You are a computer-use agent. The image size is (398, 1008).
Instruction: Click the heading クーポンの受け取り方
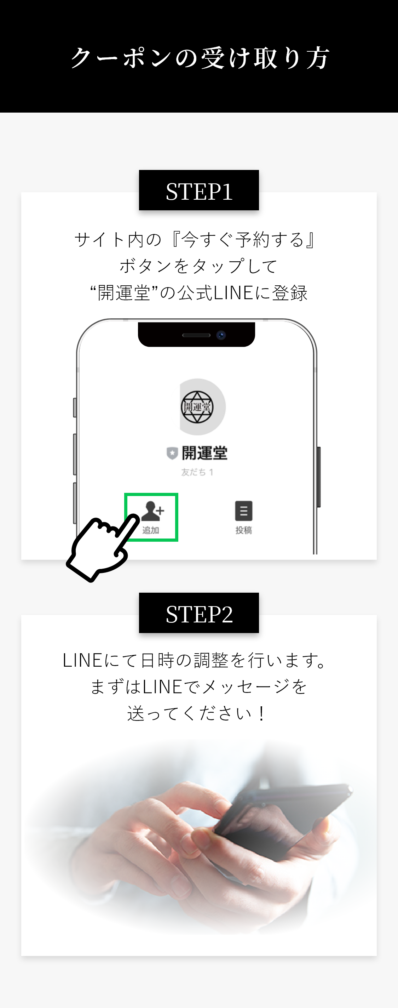(x=200, y=58)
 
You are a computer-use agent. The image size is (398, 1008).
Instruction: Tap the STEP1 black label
(x=199, y=191)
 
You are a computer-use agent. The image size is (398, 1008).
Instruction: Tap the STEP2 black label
(x=199, y=614)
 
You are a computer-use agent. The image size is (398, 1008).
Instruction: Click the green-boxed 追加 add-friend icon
(x=152, y=517)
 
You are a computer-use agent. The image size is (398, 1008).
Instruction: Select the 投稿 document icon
(x=243, y=511)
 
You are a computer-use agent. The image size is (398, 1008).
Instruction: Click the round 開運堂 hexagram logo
(x=197, y=407)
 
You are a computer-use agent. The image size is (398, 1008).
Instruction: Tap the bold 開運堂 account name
(x=204, y=453)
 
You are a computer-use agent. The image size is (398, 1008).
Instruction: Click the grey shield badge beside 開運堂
(x=172, y=453)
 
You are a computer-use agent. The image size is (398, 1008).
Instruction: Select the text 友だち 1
(x=197, y=472)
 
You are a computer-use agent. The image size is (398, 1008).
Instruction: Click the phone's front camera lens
(x=221, y=335)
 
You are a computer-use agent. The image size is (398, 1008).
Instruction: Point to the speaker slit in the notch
(x=196, y=335)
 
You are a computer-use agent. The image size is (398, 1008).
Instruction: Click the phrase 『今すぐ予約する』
(x=244, y=240)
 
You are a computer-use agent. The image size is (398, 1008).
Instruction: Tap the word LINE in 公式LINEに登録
(x=233, y=293)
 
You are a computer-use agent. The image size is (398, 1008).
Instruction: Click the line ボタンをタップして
(x=198, y=267)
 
